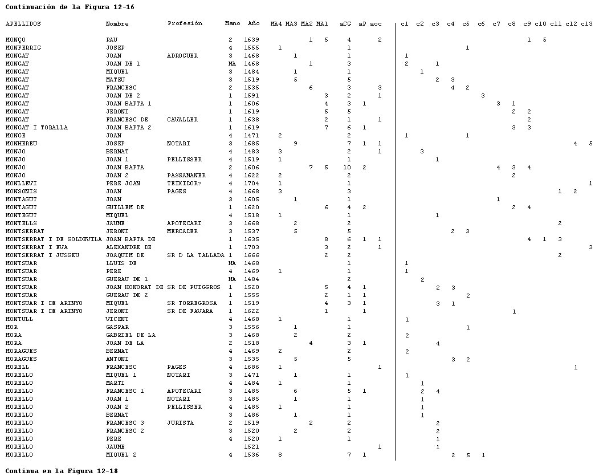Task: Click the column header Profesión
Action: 185,24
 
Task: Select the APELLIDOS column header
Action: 23,24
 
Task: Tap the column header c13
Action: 586,24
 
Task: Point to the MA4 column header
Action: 276,24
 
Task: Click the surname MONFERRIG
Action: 23,48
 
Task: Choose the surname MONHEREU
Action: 21,144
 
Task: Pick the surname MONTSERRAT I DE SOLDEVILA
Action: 54,239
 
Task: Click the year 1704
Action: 251,184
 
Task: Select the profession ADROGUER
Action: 182,56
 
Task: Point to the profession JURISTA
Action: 180,423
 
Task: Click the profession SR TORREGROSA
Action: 191,303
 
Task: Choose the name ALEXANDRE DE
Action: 128,247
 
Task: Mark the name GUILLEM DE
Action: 125,208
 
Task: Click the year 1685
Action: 251,144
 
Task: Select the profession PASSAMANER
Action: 186,176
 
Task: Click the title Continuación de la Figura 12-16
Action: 70,7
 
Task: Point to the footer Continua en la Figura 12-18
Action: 62,471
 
